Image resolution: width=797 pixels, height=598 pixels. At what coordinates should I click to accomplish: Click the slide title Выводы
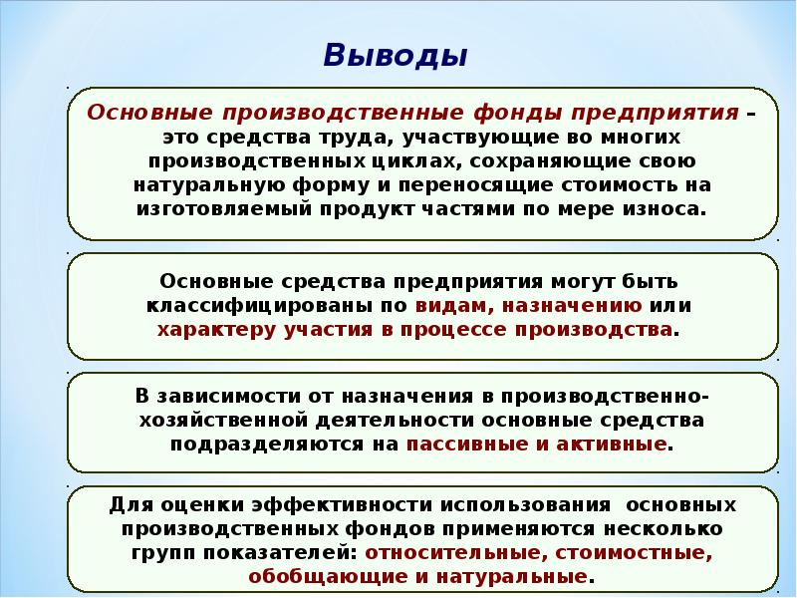395,55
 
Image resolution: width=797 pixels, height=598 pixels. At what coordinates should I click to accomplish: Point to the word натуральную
209,185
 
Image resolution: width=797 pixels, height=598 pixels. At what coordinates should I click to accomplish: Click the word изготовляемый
223,209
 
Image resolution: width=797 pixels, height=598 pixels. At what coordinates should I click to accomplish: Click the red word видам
454,306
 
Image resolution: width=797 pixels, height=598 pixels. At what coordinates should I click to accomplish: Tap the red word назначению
572,306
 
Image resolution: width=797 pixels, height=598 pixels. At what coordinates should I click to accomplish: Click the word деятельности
395,421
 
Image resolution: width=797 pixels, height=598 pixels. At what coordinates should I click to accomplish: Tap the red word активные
612,445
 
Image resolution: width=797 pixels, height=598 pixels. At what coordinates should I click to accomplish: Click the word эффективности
341,505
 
